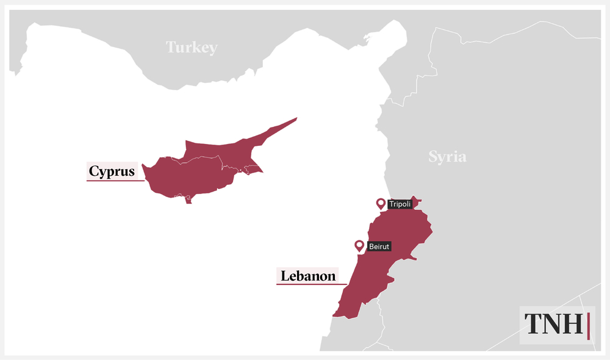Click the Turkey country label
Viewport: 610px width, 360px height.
(192, 47)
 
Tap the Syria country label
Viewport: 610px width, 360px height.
(447, 156)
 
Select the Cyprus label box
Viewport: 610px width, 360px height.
(112, 171)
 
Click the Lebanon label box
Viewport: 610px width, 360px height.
(307, 276)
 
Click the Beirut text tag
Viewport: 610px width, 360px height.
(379, 247)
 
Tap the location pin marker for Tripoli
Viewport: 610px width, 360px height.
(381, 204)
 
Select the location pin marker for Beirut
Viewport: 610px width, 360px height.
(360, 246)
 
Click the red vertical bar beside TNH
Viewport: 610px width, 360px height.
(589, 325)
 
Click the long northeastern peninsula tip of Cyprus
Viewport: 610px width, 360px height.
(295, 119)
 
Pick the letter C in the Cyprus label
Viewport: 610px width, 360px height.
(94, 171)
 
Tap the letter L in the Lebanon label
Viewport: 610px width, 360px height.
(284, 276)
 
